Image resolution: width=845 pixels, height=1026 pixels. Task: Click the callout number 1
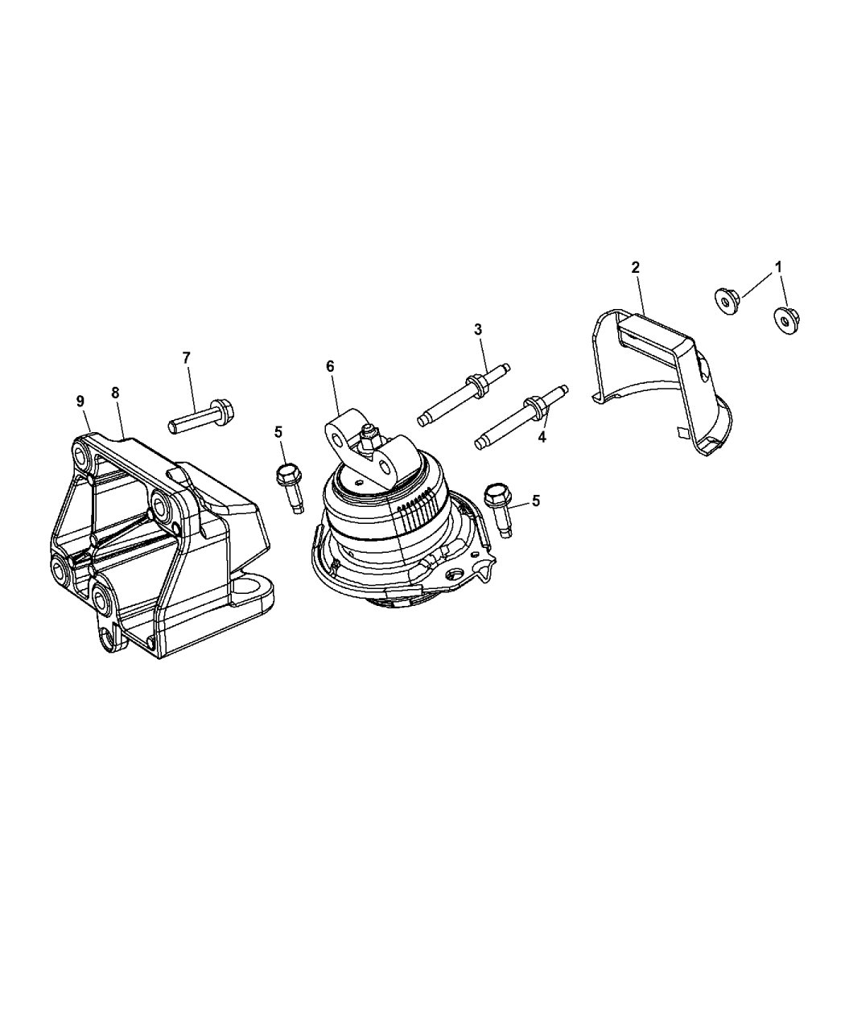click(778, 266)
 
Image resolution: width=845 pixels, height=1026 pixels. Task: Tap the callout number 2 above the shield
click(635, 267)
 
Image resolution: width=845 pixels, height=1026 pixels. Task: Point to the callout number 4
click(542, 437)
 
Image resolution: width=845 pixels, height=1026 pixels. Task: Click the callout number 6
click(330, 366)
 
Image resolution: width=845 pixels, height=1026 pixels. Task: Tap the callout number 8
click(115, 393)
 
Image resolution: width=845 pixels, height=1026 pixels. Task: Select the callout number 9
click(80, 399)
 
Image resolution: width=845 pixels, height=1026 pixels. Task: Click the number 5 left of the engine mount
click(278, 432)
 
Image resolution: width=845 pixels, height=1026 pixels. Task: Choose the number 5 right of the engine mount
click(535, 501)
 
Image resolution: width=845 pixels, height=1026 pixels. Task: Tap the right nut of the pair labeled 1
click(785, 319)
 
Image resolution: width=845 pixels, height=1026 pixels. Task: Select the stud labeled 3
click(462, 394)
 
